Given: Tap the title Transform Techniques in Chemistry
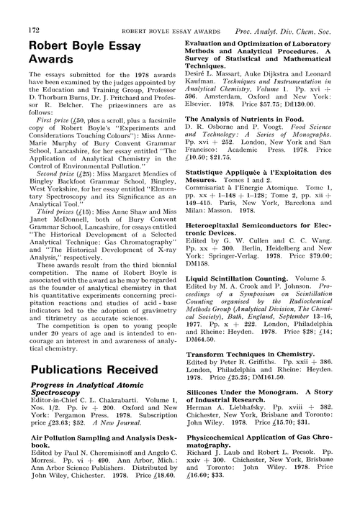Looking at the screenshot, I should point(250,355).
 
